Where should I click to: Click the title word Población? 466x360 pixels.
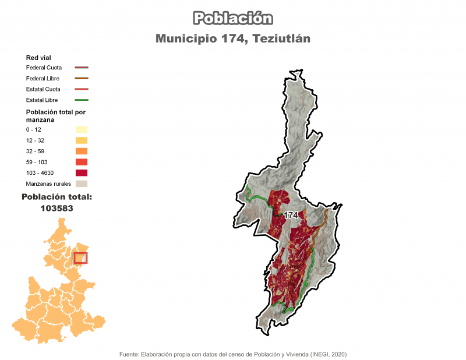pyautogui.click(x=232, y=18)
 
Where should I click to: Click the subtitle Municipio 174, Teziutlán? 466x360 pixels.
pyautogui.click(x=232, y=39)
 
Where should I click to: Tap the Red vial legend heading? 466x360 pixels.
pyautogui.click(x=38, y=58)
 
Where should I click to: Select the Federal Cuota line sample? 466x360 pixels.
pyautogui.click(x=81, y=68)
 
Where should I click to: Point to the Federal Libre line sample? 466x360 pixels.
pyautogui.click(x=81, y=79)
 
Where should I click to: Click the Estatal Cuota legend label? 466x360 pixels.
pyautogui.click(x=43, y=89)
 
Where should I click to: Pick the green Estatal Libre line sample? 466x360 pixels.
pyautogui.click(x=81, y=100)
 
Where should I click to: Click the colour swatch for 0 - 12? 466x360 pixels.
pyautogui.click(x=81, y=129)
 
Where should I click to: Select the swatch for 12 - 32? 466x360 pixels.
pyautogui.click(x=81, y=140)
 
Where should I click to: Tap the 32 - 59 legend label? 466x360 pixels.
pyautogui.click(x=35, y=151)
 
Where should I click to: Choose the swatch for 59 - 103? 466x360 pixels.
pyautogui.click(x=81, y=162)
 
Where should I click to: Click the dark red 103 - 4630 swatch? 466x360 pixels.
pyautogui.click(x=81, y=173)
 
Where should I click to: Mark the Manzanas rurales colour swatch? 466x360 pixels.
pyautogui.click(x=81, y=183)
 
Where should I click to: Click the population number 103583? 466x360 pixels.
pyautogui.click(x=57, y=207)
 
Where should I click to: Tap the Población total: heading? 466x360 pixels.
pyautogui.click(x=57, y=197)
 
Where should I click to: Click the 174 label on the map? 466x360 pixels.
pyautogui.click(x=291, y=215)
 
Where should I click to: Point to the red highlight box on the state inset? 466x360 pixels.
pyautogui.click(x=80, y=256)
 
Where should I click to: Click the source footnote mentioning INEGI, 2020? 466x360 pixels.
pyautogui.click(x=232, y=354)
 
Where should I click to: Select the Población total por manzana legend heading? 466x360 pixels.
pyautogui.click(x=55, y=115)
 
